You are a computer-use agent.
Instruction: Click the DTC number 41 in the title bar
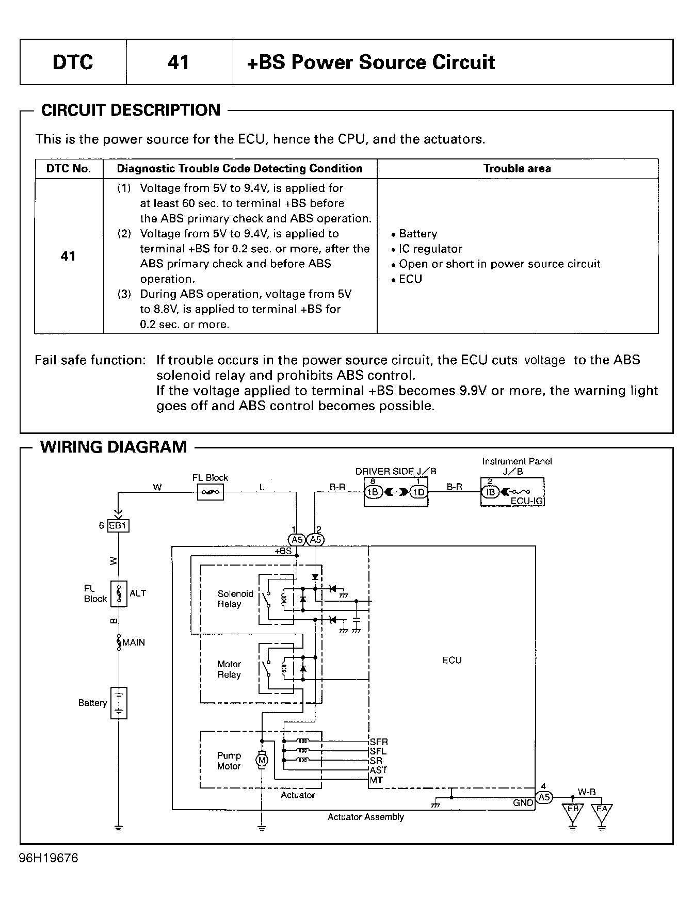tap(179, 62)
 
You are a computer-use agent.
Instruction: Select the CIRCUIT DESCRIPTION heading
tap(131, 110)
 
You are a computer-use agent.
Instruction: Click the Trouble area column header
tap(517, 169)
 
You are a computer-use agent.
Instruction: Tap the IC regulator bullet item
tap(427, 249)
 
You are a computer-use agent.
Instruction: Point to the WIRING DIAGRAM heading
tap(114, 446)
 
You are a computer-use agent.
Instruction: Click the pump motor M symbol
tap(262, 760)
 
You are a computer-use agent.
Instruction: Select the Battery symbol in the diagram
tap(119, 703)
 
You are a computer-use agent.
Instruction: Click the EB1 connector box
tap(118, 526)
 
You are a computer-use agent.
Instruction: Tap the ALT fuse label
tap(138, 593)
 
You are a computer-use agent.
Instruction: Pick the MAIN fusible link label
tap(134, 642)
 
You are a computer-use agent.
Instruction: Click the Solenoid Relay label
tap(235, 599)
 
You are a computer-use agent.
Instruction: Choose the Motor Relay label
tap(229, 669)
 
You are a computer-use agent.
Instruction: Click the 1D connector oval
tap(420, 492)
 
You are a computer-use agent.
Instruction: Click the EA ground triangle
tap(602, 811)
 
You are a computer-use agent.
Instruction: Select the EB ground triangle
tap(573, 811)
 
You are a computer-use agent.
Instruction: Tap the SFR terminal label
tap(379, 742)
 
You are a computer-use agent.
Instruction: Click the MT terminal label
tap(377, 780)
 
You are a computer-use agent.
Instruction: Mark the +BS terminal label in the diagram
tap(283, 551)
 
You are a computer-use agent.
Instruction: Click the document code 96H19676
tap(49, 858)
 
